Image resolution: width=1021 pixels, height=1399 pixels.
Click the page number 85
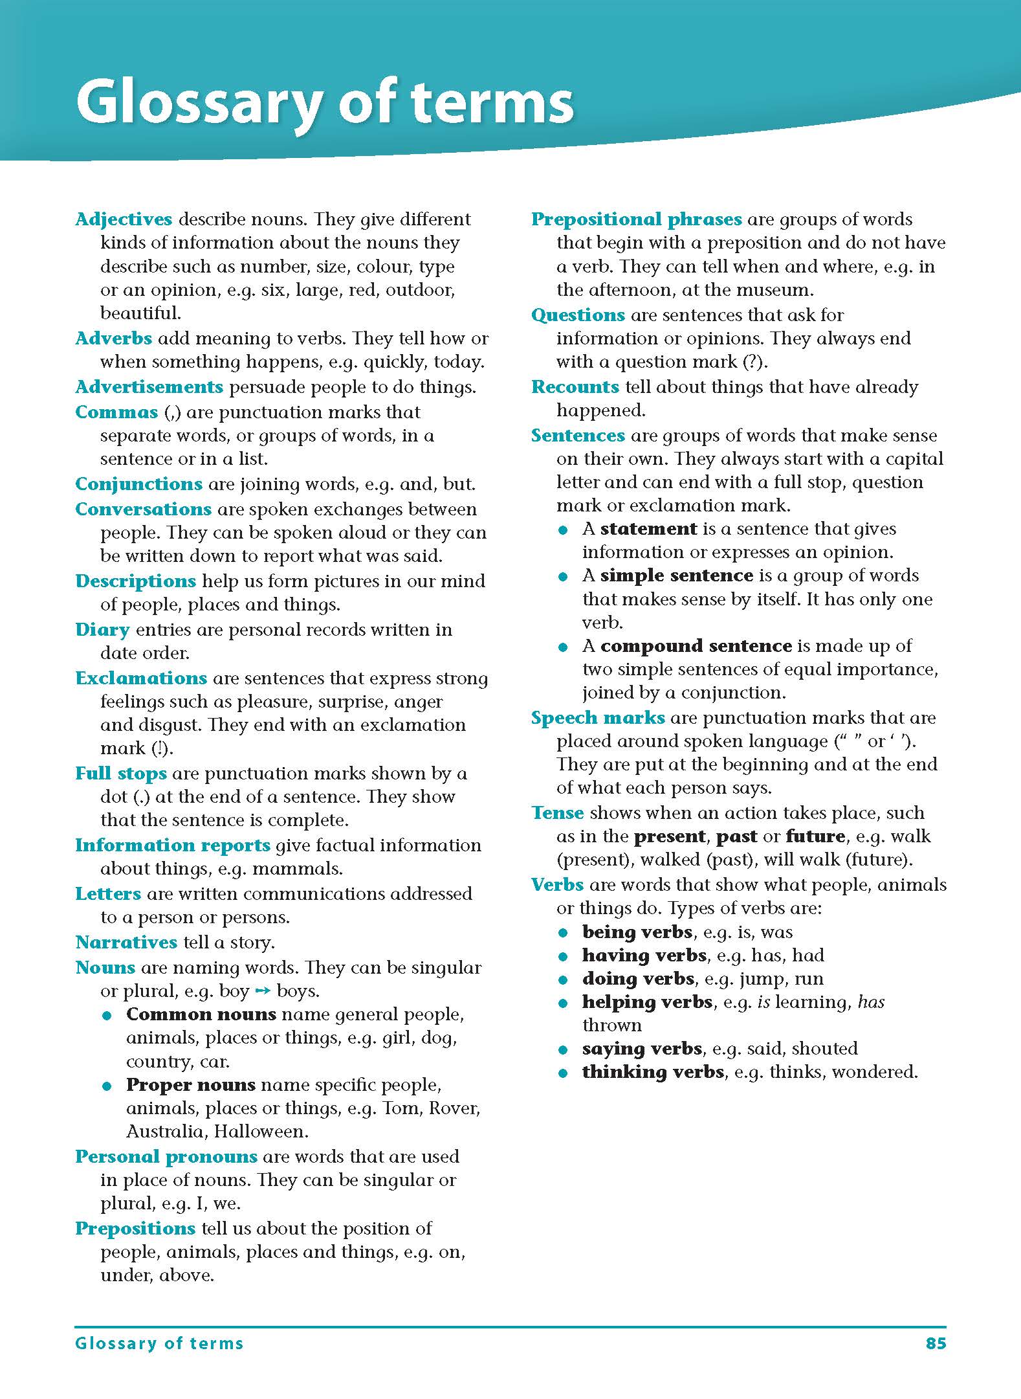(x=936, y=1343)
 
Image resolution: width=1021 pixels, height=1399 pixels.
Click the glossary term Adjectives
(x=124, y=219)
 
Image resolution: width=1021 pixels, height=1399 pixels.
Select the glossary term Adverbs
(x=113, y=339)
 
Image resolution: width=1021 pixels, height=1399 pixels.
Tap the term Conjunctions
(x=138, y=484)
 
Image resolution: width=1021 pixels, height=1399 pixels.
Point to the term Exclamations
(x=141, y=678)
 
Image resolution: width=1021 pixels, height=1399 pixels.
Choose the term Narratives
(x=126, y=943)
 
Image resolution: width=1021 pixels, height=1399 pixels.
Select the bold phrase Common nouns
(x=201, y=1014)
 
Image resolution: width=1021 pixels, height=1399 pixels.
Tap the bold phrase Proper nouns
(x=191, y=1085)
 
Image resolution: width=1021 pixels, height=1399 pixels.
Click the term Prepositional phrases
(x=636, y=219)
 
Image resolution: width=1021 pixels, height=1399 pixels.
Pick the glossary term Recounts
(x=575, y=387)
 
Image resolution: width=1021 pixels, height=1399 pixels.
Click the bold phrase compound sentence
(x=696, y=646)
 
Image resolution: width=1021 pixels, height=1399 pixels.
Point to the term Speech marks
(x=598, y=718)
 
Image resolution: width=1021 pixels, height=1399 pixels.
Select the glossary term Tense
(x=557, y=813)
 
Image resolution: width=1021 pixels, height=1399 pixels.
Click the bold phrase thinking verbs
(x=653, y=1072)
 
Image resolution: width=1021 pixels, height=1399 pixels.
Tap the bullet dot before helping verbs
(x=563, y=1003)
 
